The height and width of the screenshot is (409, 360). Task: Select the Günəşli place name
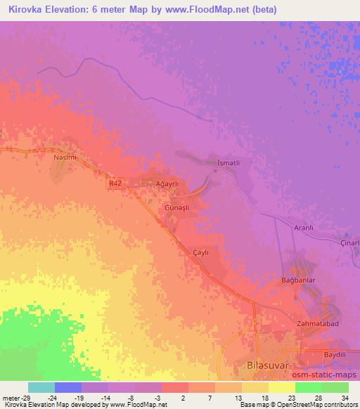coord(177,208)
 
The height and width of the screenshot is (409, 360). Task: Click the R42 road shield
coord(116,183)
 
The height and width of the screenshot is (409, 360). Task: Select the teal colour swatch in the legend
coord(41,387)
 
